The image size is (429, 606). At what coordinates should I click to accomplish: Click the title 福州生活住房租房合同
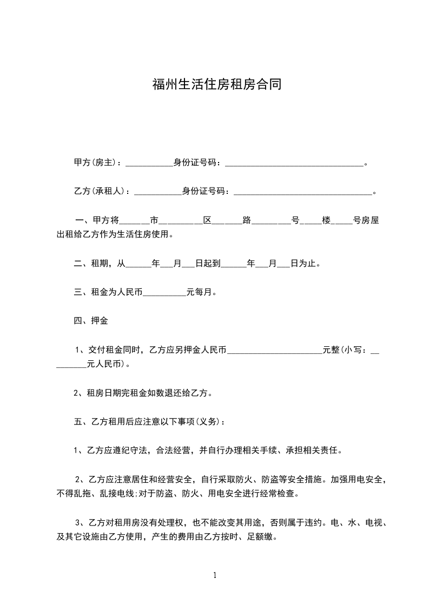click(216, 85)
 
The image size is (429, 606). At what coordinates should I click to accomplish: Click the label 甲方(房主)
click(97, 162)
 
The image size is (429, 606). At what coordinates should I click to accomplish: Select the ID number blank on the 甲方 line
click(294, 163)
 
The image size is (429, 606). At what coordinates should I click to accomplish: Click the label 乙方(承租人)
click(102, 191)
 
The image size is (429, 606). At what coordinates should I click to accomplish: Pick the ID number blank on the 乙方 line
click(302, 192)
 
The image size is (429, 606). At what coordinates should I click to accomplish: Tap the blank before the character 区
click(181, 221)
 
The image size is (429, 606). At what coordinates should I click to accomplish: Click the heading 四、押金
click(91, 321)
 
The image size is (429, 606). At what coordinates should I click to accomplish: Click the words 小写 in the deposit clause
click(353, 351)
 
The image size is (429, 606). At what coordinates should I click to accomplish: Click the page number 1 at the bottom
click(215, 575)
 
